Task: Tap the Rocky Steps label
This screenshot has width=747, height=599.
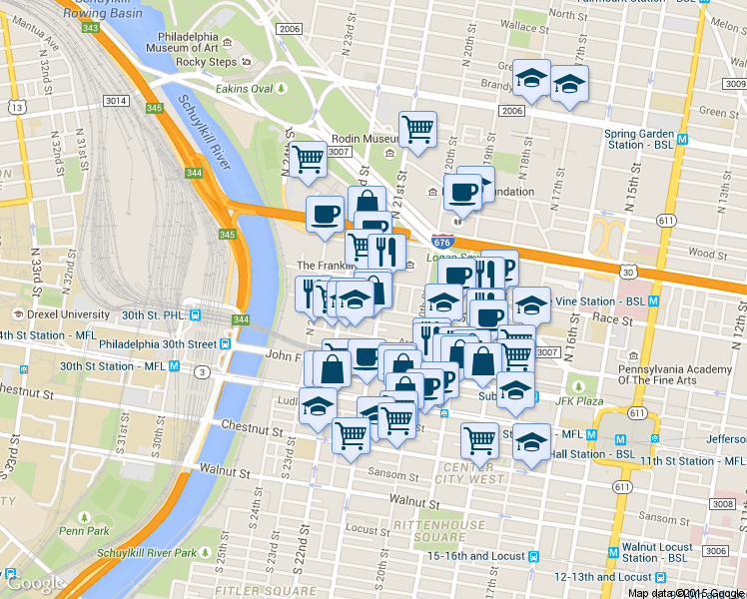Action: pyautogui.click(x=206, y=62)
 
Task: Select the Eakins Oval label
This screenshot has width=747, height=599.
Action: pyautogui.click(x=245, y=88)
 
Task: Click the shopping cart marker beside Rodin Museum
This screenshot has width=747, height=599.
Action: pyautogui.click(x=417, y=128)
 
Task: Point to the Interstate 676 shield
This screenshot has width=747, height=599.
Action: pyautogui.click(x=442, y=242)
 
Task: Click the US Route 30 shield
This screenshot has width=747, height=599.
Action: pyautogui.click(x=626, y=272)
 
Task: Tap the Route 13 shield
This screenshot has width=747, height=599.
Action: pyautogui.click(x=17, y=105)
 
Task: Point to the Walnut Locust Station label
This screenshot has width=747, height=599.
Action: pyautogui.click(x=657, y=552)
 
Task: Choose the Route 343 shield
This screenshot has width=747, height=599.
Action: pyautogui.click(x=90, y=27)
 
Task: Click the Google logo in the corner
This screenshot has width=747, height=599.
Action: pyautogui.click(x=35, y=583)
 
